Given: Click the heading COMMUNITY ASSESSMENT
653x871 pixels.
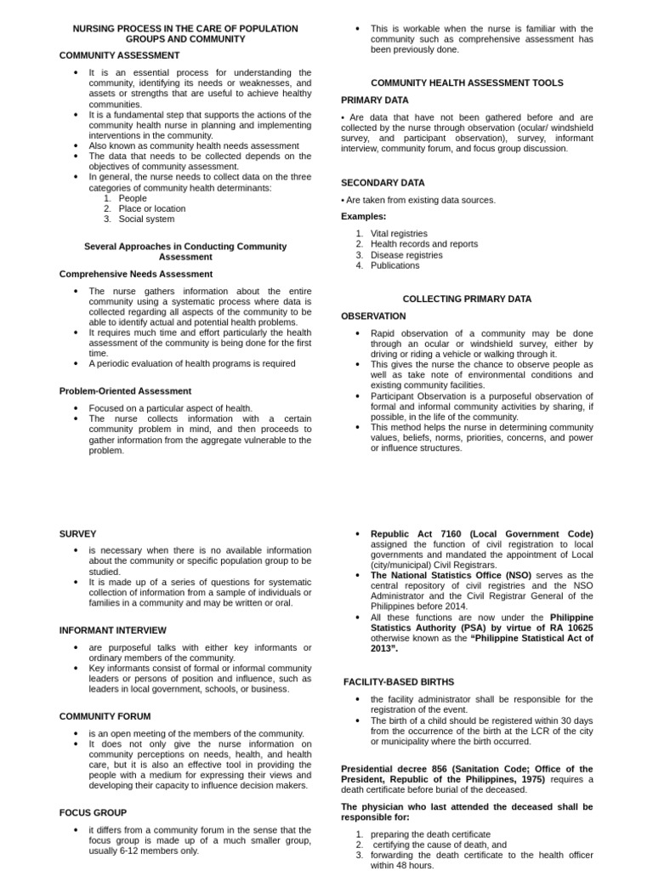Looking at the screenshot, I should (x=119, y=55).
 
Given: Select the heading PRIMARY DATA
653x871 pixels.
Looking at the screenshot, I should (x=375, y=100).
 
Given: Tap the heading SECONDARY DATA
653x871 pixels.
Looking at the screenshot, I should (x=383, y=183).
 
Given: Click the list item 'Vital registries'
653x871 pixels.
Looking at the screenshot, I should (x=399, y=233).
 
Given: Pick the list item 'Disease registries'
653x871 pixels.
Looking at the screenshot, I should (x=406, y=254).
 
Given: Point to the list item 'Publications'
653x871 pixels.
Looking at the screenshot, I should (x=395, y=265).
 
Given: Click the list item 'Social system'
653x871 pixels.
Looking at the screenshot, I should (x=146, y=219).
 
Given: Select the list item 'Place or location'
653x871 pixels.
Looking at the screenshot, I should (x=151, y=208).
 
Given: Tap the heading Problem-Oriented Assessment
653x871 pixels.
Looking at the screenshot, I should (x=125, y=390).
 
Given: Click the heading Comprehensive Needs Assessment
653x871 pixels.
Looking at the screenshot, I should (x=136, y=274).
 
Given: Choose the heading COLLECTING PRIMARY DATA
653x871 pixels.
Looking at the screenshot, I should (x=467, y=299).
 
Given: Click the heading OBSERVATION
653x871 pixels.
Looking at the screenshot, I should (x=373, y=316).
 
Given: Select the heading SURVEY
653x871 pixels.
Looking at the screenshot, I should (x=77, y=533).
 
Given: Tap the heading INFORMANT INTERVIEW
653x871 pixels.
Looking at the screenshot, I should (x=112, y=630).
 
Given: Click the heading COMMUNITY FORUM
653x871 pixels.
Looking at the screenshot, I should (x=105, y=716).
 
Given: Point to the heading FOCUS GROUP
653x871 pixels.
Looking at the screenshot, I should (x=93, y=812).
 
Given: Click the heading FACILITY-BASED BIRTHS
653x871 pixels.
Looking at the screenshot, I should (x=399, y=682).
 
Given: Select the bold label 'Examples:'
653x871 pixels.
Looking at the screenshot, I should (x=363, y=216).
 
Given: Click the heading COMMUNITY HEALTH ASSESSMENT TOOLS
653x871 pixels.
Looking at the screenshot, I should (x=467, y=83).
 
